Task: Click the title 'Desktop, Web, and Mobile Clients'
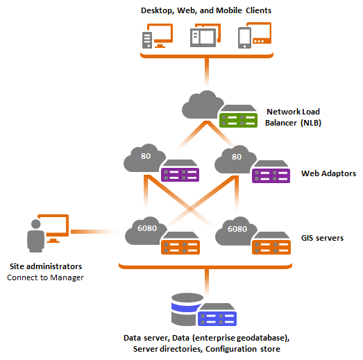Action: (x=206, y=10)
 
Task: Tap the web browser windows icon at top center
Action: (x=205, y=36)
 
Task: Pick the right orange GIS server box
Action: (x=271, y=245)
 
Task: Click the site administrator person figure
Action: (x=35, y=236)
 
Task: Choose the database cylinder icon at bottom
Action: (x=184, y=309)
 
